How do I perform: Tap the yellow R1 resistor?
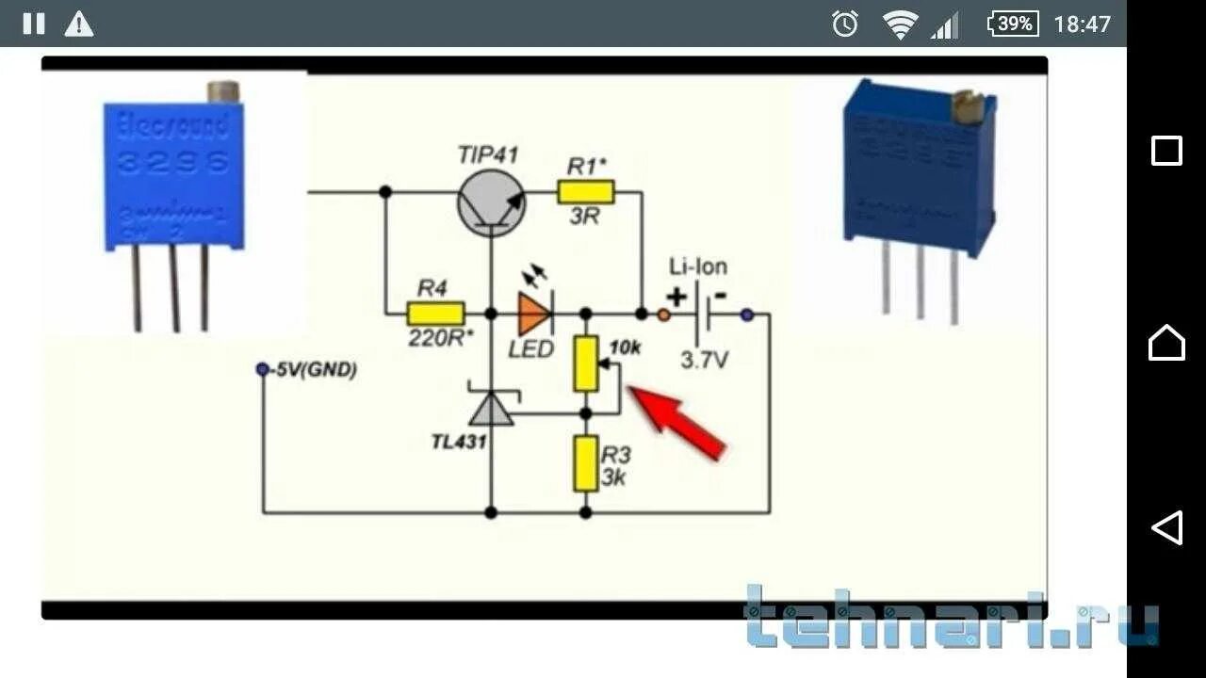(585, 193)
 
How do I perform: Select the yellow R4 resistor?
(435, 314)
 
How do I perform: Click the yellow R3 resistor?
(585, 463)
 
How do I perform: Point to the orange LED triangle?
(534, 314)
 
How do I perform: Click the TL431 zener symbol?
(491, 407)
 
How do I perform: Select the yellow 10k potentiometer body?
(585, 364)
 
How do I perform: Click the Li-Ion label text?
(697, 266)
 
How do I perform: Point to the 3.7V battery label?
(704, 360)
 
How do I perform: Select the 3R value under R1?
(584, 218)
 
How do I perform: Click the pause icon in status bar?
(34, 24)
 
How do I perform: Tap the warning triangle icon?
(79, 24)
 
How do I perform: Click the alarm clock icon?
(844, 24)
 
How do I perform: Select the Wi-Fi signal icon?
(900, 24)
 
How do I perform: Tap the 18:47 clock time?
(1082, 24)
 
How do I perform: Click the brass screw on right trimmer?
(968, 107)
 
